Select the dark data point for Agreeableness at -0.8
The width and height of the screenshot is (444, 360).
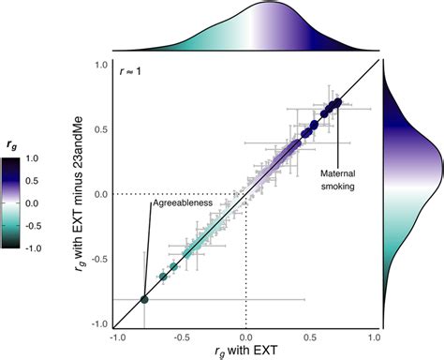tap(143, 299)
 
